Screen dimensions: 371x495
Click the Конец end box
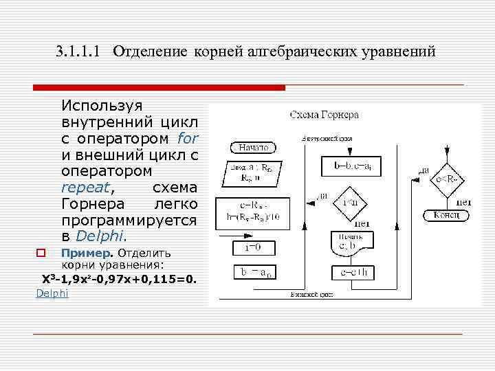click(450, 216)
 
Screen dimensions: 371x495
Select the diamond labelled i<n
click(349, 201)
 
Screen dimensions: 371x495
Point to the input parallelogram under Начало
click(251, 172)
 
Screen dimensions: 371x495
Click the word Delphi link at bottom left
click(52, 293)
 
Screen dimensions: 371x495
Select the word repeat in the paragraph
click(88, 188)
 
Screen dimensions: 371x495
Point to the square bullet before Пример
click(41, 253)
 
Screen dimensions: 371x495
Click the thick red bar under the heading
click(159, 88)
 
